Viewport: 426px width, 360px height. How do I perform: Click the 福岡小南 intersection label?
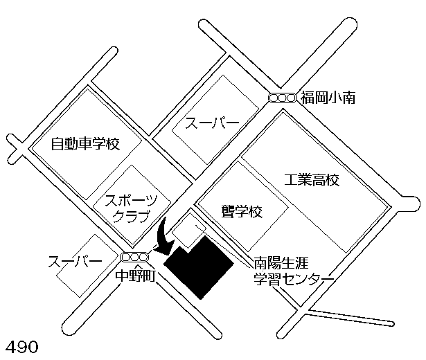[x=328, y=98]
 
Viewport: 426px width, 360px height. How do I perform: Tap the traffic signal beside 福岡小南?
[x=282, y=98]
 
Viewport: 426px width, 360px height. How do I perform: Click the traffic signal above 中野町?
[x=134, y=257]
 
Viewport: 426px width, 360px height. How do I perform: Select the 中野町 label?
[x=135, y=276]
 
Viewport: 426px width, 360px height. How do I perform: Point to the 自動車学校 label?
[x=86, y=144]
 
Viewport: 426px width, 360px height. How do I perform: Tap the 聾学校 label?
[x=242, y=211]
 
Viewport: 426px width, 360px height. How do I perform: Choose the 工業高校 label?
[x=312, y=180]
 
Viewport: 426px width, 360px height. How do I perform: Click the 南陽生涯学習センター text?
[x=294, y=271]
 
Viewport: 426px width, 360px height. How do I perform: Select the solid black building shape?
[x=199, y=267]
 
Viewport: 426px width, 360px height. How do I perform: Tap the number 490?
[x=22, y=347]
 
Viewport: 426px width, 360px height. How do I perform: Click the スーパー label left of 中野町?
[x=75, y=262]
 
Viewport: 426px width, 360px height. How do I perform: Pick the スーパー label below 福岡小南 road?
[x=212, y=123]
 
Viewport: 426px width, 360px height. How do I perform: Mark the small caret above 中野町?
[x=136, y=267]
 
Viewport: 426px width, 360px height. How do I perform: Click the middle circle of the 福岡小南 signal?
[x=282, y=98]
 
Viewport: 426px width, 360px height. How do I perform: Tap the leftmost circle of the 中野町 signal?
[x=126, y=257]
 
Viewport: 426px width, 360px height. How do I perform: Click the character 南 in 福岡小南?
[x=349, y=98]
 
